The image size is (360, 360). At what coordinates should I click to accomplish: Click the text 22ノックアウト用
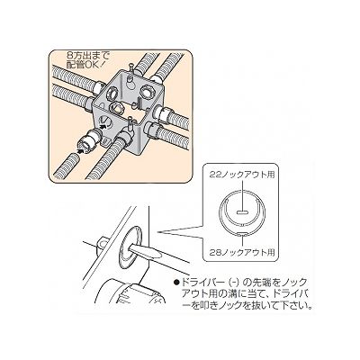pos(242,175)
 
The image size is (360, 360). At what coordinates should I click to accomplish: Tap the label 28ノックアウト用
pos(242,252)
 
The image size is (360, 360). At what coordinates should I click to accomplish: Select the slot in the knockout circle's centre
pos(242,212)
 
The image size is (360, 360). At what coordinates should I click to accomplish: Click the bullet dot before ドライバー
pos(176,283)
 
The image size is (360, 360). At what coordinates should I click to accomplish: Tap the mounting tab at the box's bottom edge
pos(105,141)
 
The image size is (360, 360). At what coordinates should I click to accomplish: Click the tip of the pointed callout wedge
pos(157,232)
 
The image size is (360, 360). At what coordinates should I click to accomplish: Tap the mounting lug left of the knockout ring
pos(102,245)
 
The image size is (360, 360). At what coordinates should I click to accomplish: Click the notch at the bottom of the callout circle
pos(242,234)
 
